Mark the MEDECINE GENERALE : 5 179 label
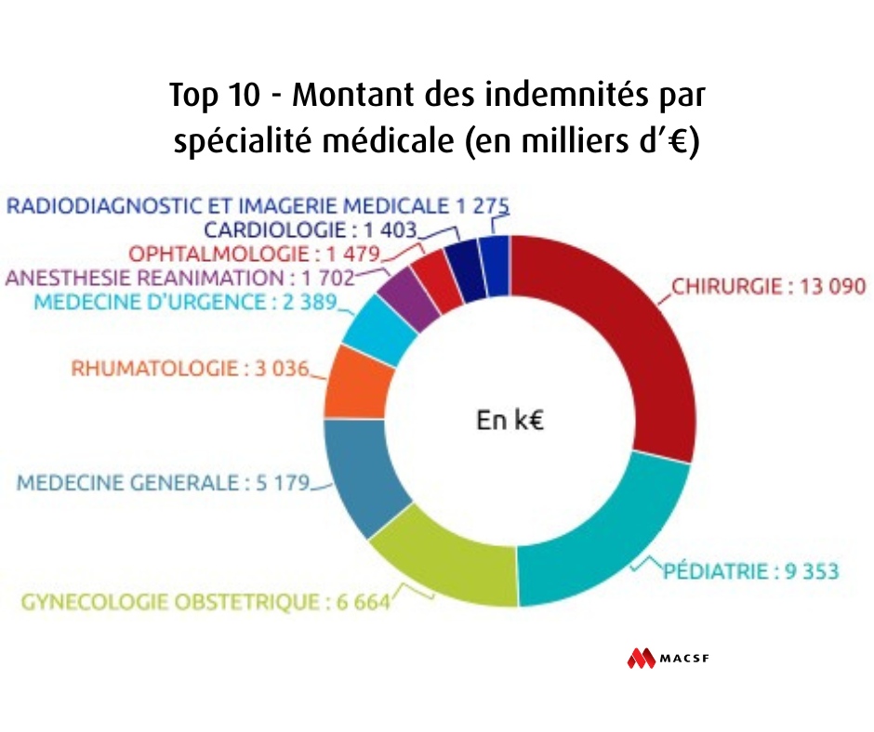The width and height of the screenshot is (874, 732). click(162, 484)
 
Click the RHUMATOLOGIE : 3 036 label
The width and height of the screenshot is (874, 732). click(190, 368)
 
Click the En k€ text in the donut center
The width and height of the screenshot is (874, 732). click(510, 421)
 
